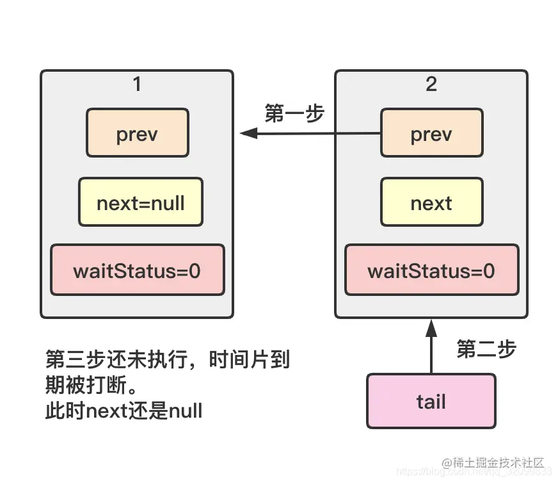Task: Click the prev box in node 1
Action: tap(137, 133)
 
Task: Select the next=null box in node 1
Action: tap(140, 203)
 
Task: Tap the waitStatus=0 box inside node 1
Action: tap(137, 270)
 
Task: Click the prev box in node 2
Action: tap(431, 133)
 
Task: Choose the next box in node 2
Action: tap(431, 203)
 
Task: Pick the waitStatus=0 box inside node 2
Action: tap(431, 270)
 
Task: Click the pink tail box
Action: tap(431, 402)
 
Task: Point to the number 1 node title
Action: tap(136, 84)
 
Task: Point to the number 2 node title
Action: tap(431, 84)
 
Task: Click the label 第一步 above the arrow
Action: tap(294, 113)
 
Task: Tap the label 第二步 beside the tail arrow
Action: tap(486, 349)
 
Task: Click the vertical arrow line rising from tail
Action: tap(431, 356)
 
